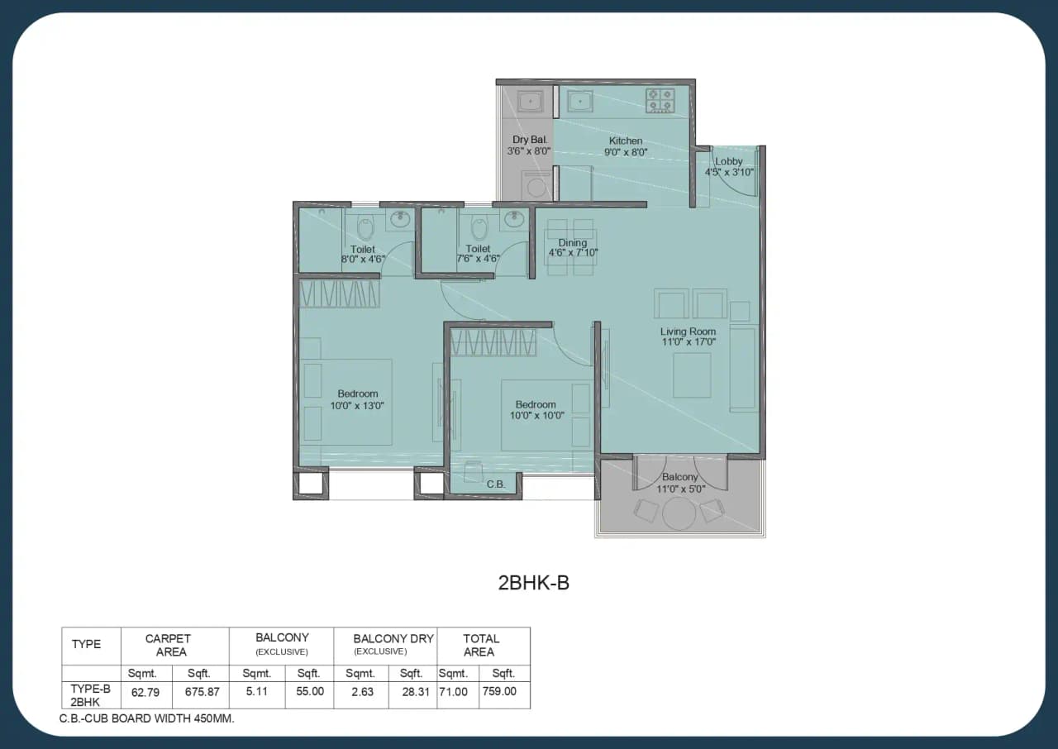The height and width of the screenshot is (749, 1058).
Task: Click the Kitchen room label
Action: (626, 141)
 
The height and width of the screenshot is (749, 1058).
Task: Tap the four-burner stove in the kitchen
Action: (660, 100)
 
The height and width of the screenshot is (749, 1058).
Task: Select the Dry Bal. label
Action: (525, 140)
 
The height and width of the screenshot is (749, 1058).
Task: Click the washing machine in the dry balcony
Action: (536, 184)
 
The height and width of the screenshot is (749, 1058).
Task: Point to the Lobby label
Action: (729, 161)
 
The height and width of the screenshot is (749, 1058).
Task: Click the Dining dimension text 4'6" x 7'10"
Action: (573, 253)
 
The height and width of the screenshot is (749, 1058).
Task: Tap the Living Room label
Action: (688, 332)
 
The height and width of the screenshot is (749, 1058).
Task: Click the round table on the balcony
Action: (678, 513)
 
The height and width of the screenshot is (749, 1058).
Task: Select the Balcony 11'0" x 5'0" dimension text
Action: (680, 489)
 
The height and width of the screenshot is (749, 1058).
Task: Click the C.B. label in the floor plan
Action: (496, 484)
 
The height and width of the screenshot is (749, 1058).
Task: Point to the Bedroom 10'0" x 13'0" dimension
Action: (357, 406)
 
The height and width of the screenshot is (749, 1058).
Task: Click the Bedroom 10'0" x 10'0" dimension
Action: (536, 416)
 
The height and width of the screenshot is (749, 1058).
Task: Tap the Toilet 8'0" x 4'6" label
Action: (363, 259)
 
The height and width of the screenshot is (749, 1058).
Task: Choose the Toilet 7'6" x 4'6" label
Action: (478, 259)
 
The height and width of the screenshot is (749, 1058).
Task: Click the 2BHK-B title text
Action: (533, 583)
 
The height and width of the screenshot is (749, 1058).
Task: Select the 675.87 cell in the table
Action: (202, 691)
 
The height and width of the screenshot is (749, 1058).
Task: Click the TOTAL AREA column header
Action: (480, 645)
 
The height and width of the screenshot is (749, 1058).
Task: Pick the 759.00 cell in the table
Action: (500, 691)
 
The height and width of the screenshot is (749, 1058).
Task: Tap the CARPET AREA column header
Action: (168, 645)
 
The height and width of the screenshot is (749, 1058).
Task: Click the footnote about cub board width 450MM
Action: (147, 718)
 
